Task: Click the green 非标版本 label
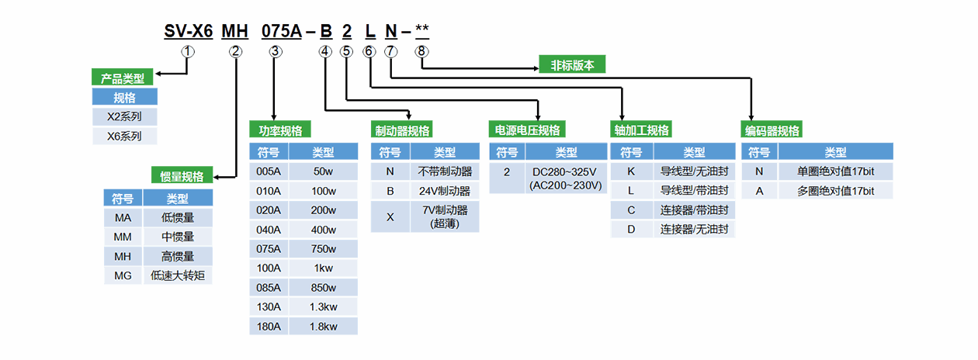pos(572,65)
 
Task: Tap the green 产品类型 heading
pos(123,78)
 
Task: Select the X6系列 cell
pos(124,136)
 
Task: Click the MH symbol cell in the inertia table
pos(122,256)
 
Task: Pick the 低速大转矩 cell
pos(178,275)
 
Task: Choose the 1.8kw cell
pos(324,327)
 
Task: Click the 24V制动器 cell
pos(444,190)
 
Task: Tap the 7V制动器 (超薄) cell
pos(444,216)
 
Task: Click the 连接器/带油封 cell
pos(694,209)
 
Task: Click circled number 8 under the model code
pos(421,51)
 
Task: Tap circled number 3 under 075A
pos(276,51)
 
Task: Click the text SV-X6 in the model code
pos(188,32)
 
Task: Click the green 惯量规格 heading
pos(182,176)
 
